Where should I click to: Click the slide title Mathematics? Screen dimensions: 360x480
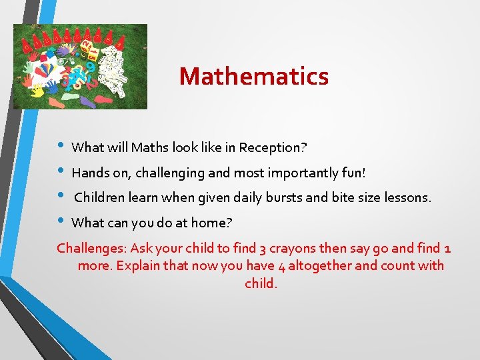pos(253,76)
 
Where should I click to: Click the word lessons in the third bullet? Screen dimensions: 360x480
pos(407,198)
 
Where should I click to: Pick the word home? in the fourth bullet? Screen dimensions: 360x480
pos(213,223)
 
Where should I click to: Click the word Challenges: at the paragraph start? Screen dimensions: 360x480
pos(91,249)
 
